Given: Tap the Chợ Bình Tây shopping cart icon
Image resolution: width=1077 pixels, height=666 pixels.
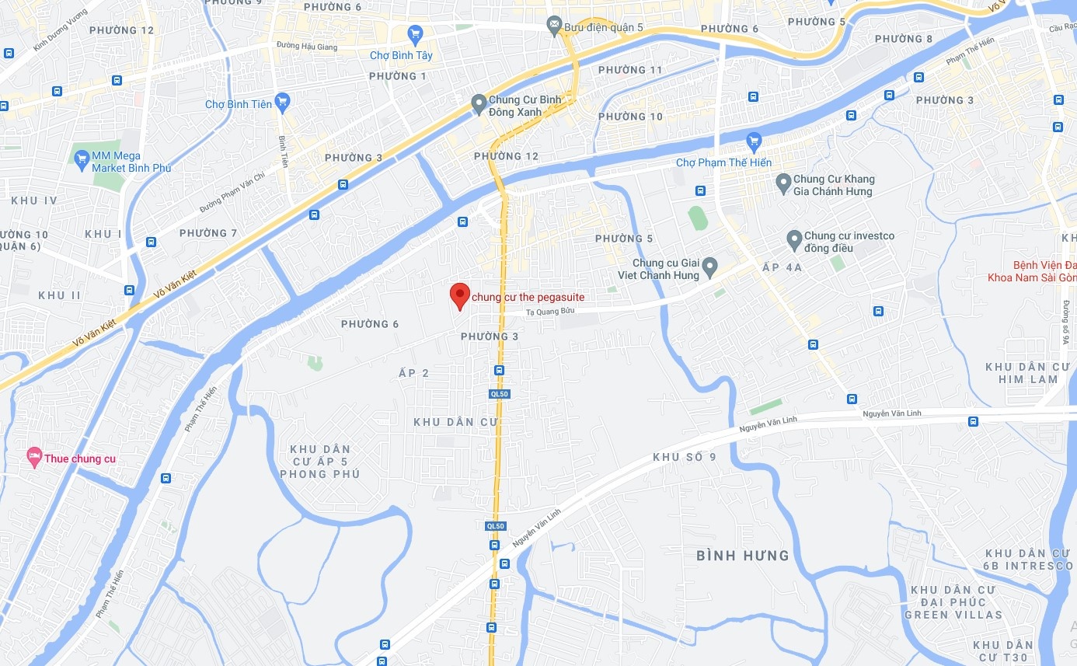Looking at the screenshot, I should [x=415, y=33].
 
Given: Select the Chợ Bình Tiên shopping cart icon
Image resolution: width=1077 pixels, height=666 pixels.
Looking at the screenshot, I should [x=282, y=100].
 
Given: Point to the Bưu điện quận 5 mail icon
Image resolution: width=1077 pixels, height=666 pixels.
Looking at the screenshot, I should [x=554, y=26].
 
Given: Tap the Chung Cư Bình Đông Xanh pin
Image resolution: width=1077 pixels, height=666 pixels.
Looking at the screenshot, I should [x=479, y=103].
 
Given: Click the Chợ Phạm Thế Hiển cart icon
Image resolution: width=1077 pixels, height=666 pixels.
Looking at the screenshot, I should [x=752, y=141].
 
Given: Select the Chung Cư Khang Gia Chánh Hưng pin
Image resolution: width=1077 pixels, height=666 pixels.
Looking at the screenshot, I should [x=783, y=183].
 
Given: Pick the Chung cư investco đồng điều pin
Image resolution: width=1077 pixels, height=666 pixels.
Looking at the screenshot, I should [x=794, y=240].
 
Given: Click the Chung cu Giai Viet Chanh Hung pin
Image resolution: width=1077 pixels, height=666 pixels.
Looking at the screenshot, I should [x=709, y=269].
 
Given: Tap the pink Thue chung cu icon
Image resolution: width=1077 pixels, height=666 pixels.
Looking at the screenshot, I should [x=34, y=458].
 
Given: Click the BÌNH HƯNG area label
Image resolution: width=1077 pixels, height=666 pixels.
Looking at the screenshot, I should [x=742, y=556].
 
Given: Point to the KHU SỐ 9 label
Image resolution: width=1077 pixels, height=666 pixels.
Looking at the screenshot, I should [x=685, y=457].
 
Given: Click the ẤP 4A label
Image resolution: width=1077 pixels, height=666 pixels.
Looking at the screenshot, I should [x=782, y=267].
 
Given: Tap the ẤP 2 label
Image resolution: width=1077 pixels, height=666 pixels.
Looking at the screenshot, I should [x=413, y=373].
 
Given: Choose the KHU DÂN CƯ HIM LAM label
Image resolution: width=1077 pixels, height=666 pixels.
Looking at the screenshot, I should [x=1021, y=373].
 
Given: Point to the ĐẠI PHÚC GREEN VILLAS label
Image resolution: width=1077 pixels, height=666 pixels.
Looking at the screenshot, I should [x=953, y=608].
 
